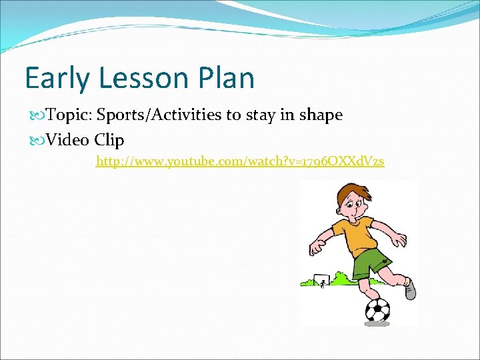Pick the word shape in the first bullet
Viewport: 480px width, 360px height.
(320, 115)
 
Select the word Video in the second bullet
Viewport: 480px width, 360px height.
(68, 140)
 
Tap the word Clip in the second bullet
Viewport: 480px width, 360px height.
(109, 140)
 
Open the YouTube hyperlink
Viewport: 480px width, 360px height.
(240, 161)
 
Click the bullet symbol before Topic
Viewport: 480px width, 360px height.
(36, 115)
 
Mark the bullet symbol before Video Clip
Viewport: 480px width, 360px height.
(36, 140)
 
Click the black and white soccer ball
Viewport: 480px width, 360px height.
(378, 309)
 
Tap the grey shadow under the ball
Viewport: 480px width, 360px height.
(377, 323)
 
